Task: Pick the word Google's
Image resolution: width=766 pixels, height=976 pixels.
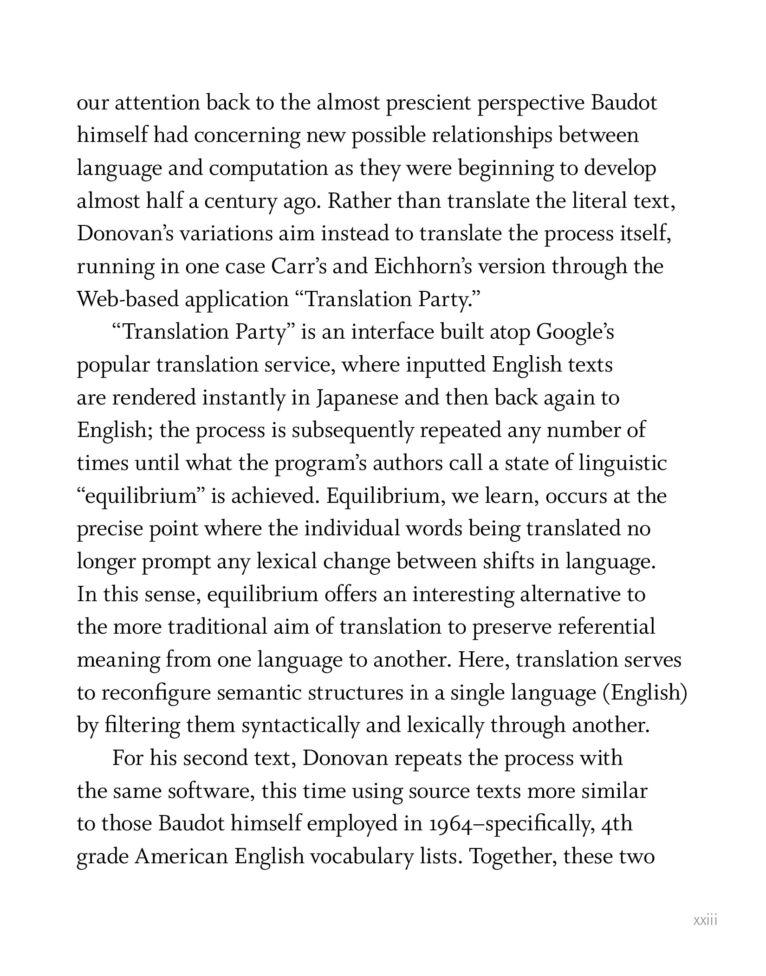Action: click(575, 333)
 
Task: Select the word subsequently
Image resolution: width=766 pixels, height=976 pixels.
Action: click(352, 431)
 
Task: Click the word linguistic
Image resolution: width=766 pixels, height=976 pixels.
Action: click(623, 463)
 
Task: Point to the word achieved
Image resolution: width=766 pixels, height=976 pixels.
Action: click(275, 496)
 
